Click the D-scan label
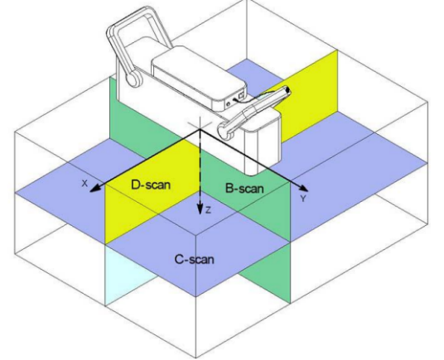tap(151, 185)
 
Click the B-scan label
tap(244, 189)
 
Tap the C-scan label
tap(194, 259)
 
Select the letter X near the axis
tap(84, 184)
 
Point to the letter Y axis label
tap(303, 199)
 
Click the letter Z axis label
tap(209, 210)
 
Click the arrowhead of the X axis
tap(95, 189)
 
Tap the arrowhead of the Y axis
tap(302, 188)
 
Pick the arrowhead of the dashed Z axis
tap(200, 209)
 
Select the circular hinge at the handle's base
tap(133, 79)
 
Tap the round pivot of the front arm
tap(225, 131)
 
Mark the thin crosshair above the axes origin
tap(200, 122)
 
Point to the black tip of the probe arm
tap(288, 90)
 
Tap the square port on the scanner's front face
tap(241, 96)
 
